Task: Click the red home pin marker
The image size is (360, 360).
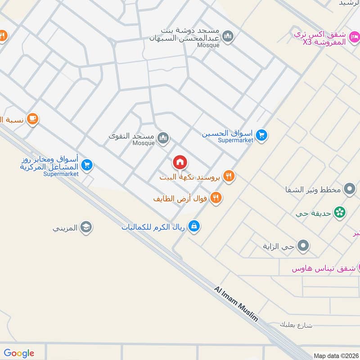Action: click(x=180, y=162)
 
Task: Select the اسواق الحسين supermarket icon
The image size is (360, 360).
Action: click(x=261, y=135)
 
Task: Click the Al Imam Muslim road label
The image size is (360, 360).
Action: click(x=236, y=304)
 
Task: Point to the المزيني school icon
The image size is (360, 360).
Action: click(x=86, y=228)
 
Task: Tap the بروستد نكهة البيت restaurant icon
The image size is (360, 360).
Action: click(x=229, y=176)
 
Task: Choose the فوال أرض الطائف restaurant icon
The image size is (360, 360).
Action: click(x=216, y=198)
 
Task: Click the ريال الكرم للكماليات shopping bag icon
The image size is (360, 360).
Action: click(x=194, y=226)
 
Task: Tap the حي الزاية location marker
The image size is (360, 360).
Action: click(x=304, y=246)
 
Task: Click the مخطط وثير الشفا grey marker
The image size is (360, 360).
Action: click(x=349, y=189)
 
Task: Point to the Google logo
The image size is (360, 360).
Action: click(x=19, y=353)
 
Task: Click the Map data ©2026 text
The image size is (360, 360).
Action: click(x=335, y=355)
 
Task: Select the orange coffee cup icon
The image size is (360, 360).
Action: click(x=32, y=119)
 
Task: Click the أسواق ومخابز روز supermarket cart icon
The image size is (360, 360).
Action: click(x=87, y=166)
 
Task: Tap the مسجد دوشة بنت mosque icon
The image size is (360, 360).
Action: click(x=228, y=36)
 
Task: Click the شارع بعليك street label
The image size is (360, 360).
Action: click(x=295, y=324)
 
